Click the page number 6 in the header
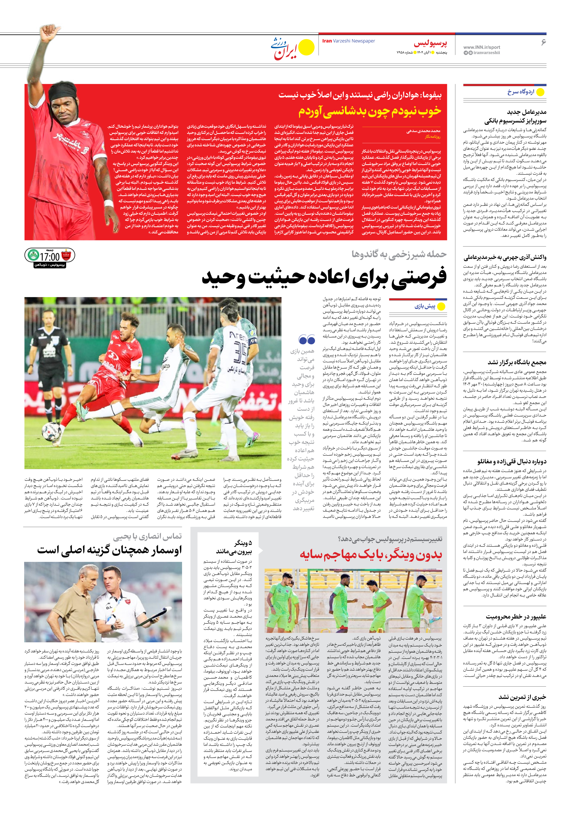[543, 42]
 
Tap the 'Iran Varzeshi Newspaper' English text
[348, 41]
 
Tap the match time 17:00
[50, 257]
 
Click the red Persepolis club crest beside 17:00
[66, 255]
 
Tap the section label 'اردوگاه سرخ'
[521, 92]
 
